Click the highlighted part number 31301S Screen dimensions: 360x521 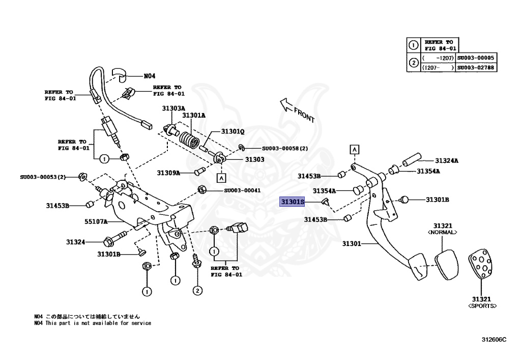pyautogui.click(x=293, y=202)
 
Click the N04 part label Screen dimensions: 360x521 pyautogui.click(x=149, y=76)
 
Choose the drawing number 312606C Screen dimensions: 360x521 pyautogui.click(x=494, y=339)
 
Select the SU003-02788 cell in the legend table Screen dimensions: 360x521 pyautogui.click(x=476, y=67)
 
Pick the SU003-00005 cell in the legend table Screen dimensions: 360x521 pyautogui.click(x=476, y=58)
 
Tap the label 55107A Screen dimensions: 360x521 pyautogui.click(x=95, y=221)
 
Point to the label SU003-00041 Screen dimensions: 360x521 pyautogui.click(x=242, y=190)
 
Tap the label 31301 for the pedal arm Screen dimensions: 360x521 pyautogui.click(x=351, y=244)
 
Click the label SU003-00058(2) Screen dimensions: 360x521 pyautogui.click(x=285, y=149)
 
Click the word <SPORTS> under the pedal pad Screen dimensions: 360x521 pyautogui.click(x=482, y=306)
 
